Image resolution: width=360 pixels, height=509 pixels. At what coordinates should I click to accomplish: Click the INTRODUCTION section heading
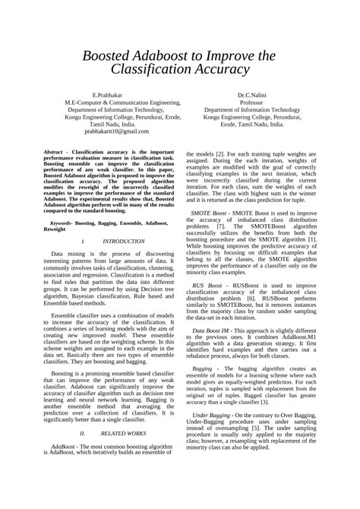[122, 241]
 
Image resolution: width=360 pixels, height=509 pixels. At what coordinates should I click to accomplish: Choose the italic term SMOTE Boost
[211, 214]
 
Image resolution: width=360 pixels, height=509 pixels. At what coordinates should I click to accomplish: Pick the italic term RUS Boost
[207, 285]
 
